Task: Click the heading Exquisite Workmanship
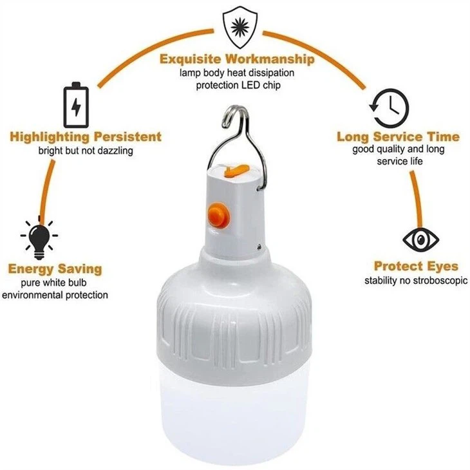coord(237,59)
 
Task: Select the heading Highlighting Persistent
coord(86,136)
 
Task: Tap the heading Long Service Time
coord(398,136)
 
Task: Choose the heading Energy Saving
coord(54,268)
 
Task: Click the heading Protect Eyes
coord(416,266)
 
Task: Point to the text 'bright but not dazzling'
coord(85,151)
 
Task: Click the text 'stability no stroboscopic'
coord(416,281)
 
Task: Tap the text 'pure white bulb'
coord(54,283)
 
